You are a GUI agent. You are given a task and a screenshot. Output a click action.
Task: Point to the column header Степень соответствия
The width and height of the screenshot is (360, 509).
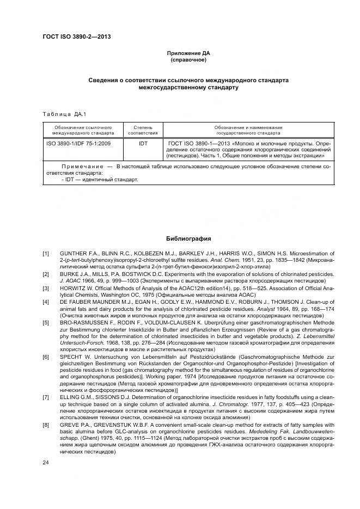(x=143, y=129)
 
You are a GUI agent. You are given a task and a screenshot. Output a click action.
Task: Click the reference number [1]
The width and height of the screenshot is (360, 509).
(x=46, y=253)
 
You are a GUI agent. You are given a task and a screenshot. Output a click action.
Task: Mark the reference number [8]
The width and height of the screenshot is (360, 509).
(x=46, y=423)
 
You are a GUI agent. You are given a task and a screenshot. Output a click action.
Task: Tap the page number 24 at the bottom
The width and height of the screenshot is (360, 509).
(x=46, y=463)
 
